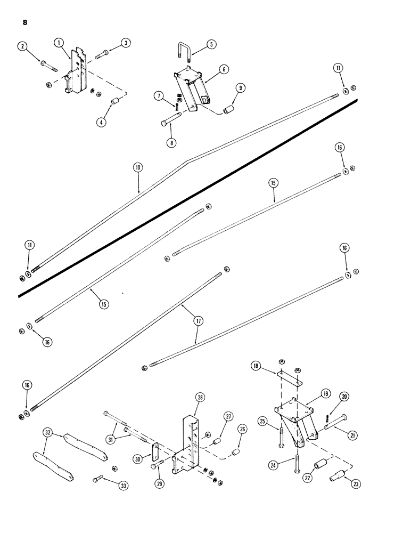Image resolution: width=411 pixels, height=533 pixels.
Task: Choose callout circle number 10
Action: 137,167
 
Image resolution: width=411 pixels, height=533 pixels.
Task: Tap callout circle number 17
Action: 198,321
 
